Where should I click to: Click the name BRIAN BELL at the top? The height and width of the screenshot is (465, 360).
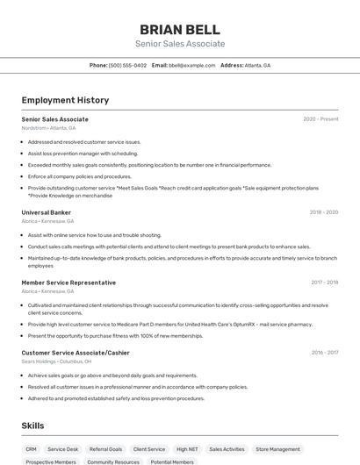(x=180, y=29)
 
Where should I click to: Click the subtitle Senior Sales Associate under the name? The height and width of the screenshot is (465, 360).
(x=180, y=44)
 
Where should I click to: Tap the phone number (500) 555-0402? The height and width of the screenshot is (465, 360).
(x=127, y=65)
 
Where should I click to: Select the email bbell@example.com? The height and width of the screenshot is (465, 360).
(x=191, y=65)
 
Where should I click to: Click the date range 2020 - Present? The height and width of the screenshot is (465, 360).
(x=320, y=119)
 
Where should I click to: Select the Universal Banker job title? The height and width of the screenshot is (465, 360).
(x=46, y=212)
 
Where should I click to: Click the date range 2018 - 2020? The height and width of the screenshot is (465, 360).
(x=323, y=212)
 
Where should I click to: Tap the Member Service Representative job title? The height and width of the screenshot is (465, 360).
(x=68, y=283)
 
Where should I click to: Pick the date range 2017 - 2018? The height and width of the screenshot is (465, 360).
(x=324, y=283)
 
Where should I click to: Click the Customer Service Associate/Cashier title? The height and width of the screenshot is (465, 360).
(x=76, y=353)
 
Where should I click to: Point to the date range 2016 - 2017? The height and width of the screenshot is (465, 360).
(x=324, y=353)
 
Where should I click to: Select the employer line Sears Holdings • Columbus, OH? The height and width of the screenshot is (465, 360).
(x=56, y=361)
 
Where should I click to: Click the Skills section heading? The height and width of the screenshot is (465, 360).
(x=32, y=426)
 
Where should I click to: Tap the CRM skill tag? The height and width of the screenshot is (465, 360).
(x=31, y=449)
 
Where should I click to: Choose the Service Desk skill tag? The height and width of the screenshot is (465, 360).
(x=62, y=449)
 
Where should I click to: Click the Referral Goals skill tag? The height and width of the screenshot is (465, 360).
(x=105, y=449)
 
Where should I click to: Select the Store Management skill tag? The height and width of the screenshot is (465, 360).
(x=277, y=449)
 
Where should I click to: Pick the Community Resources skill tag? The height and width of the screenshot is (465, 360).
(x=113, y=461)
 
